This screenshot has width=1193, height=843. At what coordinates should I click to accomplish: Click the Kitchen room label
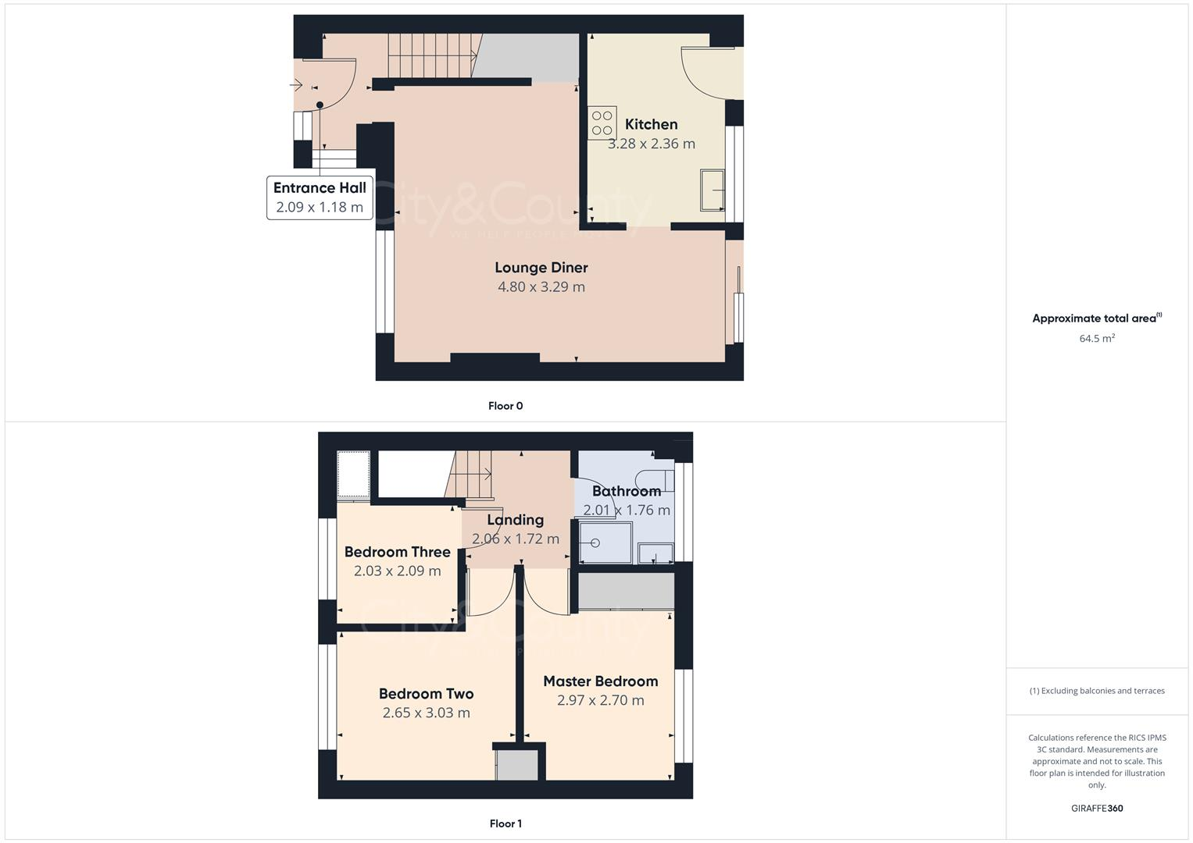coord(651,124)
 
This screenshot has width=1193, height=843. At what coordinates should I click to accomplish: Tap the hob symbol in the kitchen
coord(602,123)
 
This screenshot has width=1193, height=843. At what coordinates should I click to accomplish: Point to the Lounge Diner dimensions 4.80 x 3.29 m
coord(541,286)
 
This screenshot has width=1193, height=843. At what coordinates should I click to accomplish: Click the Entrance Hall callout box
coord(320,197)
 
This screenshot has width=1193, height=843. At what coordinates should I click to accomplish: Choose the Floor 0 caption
coord(505,406)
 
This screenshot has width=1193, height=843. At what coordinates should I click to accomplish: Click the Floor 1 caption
coord(505,823)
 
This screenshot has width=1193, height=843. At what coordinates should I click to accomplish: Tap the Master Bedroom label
coord(600,681)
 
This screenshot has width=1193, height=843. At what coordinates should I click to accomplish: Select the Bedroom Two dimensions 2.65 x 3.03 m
coord(426,713)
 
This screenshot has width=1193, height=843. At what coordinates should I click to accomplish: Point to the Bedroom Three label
coord(397,552)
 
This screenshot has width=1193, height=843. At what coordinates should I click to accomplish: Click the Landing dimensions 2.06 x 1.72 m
coord(515,539)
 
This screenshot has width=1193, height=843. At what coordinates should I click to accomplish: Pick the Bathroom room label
coord(626,491)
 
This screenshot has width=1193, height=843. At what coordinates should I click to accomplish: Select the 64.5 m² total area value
coord(1097,338)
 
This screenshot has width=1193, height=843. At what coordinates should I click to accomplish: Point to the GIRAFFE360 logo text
coord(1097,809)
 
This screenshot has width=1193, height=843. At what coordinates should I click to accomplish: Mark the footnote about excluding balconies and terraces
coord(1097,691)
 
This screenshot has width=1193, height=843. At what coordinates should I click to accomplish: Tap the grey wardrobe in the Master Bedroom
coord(626,591)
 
